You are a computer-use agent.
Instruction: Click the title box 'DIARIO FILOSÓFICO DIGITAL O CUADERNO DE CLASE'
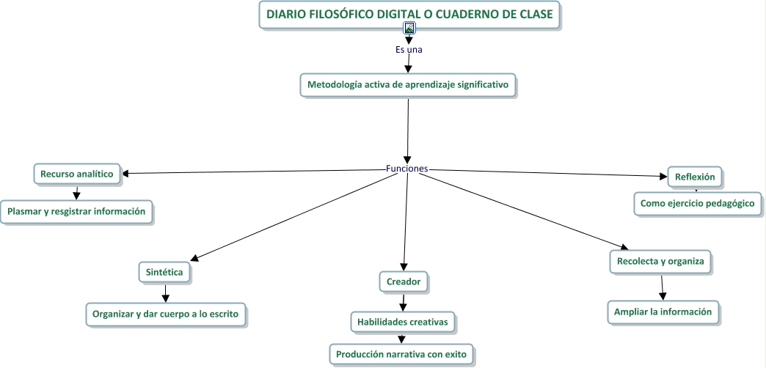pyautogui.click(x=409, y=14)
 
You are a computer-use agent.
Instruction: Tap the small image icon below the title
pyautogui.click(x=409, y=29)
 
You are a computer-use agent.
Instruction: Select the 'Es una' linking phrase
pyautogui.click(x=409, y=50)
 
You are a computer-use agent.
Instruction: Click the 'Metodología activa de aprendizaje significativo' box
pyautogui.click(x=407, y=84)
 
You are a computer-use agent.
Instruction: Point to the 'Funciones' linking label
pyautogui.click(x=406, y=169)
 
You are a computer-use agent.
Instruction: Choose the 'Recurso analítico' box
pyautogui.click(x=76, y=174)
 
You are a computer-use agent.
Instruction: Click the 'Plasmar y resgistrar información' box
pyautogui.click(x=76, y=212)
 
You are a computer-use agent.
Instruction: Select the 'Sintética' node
pyautogui.click(x=165, y=272)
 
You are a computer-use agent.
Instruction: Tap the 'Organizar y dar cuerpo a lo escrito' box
pyautogui.click(x=165, y=313)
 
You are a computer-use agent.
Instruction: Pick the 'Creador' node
pyautogui.click(x=404, y=280)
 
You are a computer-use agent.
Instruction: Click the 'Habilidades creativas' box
pyautogui.click(x=403, y=321)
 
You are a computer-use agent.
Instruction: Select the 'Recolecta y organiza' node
pyautogui.click(x=660, y=261)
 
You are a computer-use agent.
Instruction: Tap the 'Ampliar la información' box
pyautogui.click(x=663, y=312)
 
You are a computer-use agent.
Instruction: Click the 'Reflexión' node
pyautogui.click(x=695, y=176)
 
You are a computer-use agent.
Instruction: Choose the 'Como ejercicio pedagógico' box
pyautogui.click(x=697, y=203)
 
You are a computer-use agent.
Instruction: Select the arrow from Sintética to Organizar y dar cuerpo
pyautogui.click(x=166, y=292)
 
